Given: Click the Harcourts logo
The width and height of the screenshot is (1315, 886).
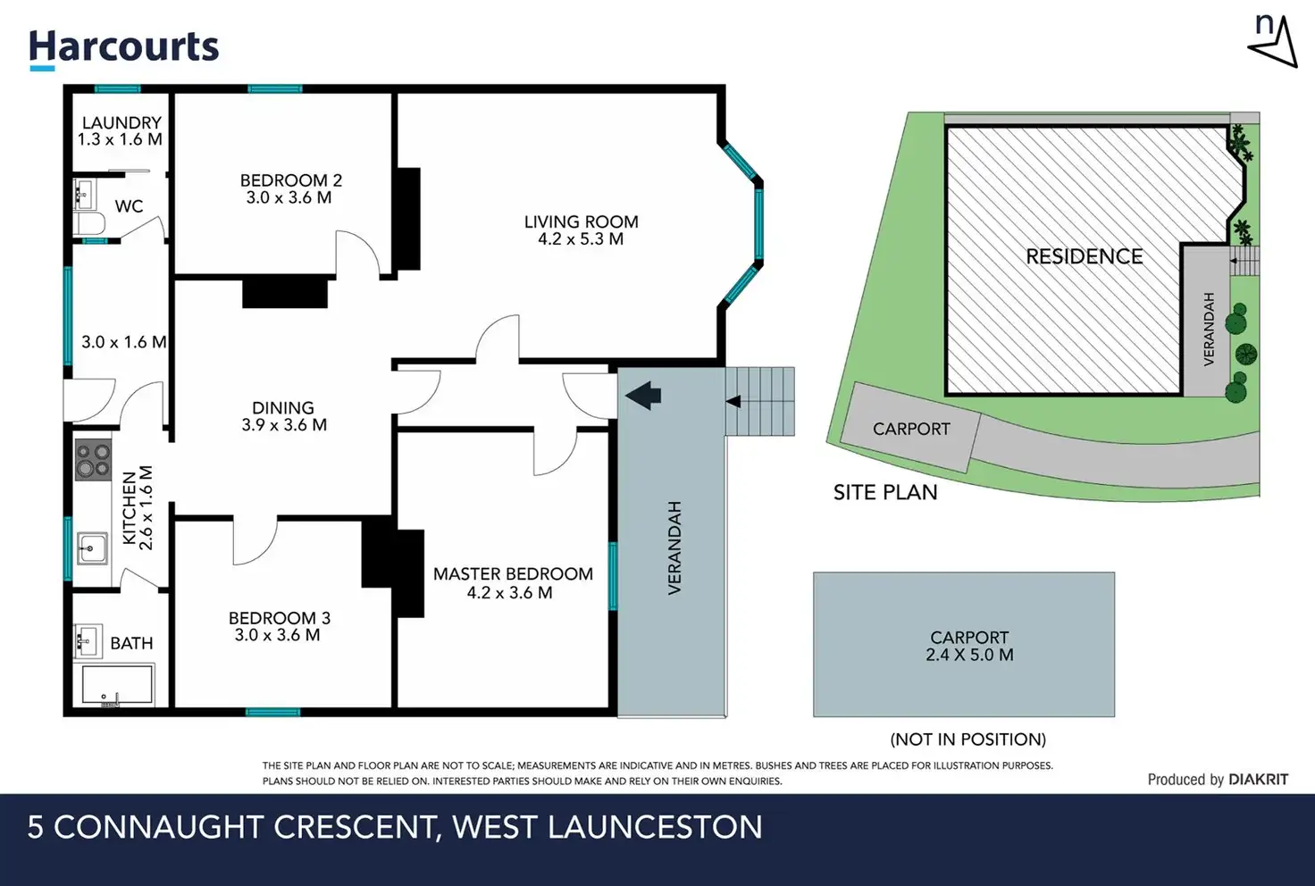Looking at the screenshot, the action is click(123, 48).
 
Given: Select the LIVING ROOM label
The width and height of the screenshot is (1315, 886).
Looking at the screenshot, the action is click(581, 230).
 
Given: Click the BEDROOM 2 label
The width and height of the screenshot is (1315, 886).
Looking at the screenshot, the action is click(290, 188).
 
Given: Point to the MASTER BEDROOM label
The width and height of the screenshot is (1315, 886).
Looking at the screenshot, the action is click(513, 583).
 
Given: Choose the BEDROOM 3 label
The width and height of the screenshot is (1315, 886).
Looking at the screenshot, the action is click(279, 626).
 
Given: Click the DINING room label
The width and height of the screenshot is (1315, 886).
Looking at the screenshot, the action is click(283, 416).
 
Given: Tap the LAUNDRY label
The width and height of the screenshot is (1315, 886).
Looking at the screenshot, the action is click(121, 130).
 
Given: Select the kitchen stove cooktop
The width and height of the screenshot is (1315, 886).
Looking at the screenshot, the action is click(92, 460).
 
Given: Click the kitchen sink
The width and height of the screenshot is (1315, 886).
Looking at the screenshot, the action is click(91, 547).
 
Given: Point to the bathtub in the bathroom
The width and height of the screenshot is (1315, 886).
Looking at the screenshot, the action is click(117, 686).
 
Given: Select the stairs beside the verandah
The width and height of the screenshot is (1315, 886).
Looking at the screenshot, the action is click(760, 401).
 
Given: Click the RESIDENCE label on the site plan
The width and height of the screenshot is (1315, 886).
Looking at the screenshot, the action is click(1084, 257).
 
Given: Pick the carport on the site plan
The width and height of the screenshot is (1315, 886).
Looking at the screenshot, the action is click(911, 429).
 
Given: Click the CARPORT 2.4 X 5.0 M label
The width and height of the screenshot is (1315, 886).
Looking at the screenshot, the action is click(969, 646).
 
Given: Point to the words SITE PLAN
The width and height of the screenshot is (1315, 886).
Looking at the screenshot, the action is click(885, 492).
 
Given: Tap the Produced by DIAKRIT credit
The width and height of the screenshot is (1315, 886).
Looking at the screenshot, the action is click(1218, 780).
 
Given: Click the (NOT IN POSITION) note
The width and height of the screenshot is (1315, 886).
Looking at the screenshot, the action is click(967, 740).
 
